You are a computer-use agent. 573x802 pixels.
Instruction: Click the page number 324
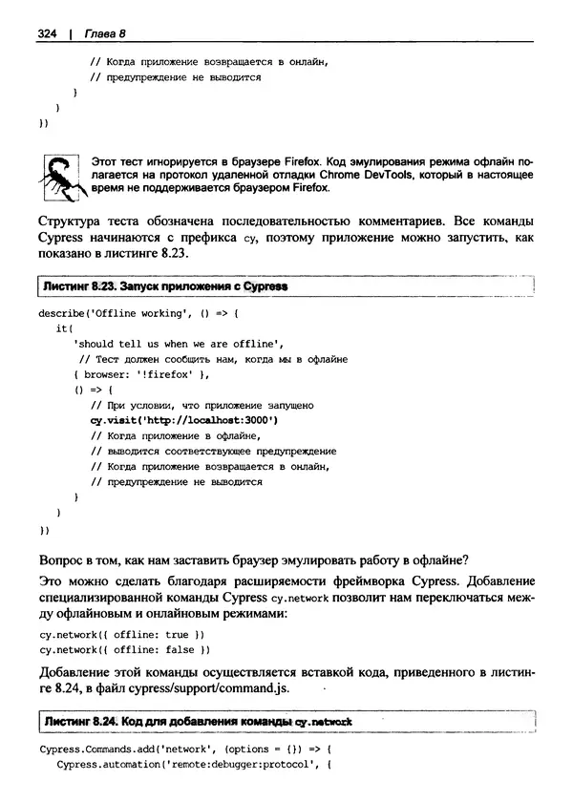point(48,33)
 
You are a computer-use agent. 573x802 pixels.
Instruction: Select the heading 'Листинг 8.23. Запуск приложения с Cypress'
point(164,285)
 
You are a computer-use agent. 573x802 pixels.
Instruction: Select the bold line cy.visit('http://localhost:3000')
point(184,420)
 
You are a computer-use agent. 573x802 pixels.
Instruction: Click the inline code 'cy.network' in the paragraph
point(300,599)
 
